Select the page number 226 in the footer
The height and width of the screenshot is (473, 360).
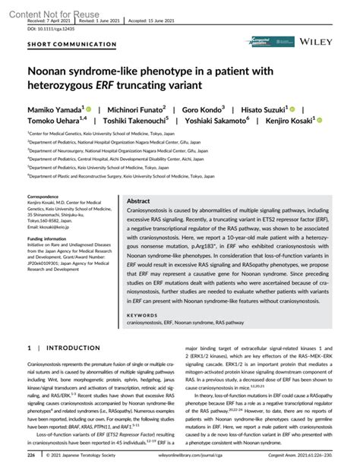[x=31, y=457]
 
